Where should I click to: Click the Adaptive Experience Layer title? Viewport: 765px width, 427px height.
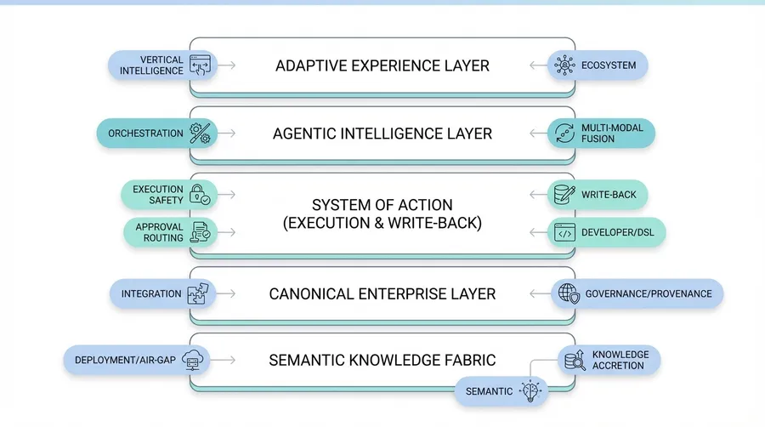coord(382,65)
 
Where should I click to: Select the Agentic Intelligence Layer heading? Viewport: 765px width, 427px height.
coord(382,134)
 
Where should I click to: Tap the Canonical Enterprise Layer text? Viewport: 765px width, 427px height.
coord(382,293)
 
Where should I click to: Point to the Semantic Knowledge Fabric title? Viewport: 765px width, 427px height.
coord(382,360)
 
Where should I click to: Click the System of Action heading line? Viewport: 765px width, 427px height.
coord(382,205)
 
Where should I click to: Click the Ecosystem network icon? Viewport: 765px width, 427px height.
coord(564,65)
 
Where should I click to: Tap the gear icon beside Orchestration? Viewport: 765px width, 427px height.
coord(201,134)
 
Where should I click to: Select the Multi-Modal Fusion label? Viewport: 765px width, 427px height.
coord(612,134)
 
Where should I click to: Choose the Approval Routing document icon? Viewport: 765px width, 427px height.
coord(201,231)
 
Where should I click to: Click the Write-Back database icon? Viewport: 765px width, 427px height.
coord(564,195)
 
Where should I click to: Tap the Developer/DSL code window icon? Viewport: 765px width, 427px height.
coord(564,231)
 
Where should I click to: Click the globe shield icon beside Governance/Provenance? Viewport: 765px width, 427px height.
coord(568,293)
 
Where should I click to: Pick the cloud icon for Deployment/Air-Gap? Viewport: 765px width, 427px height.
coord(194,360)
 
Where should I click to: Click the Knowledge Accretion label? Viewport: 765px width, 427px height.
coord(620,360)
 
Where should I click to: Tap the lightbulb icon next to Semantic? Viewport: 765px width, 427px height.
coord(532,390)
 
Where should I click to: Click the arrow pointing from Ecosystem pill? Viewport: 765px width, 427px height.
coord(535,65)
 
